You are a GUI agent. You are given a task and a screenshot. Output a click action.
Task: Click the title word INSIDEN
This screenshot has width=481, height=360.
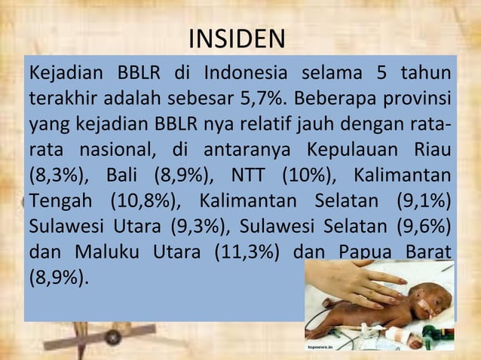[x=237, y=38]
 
